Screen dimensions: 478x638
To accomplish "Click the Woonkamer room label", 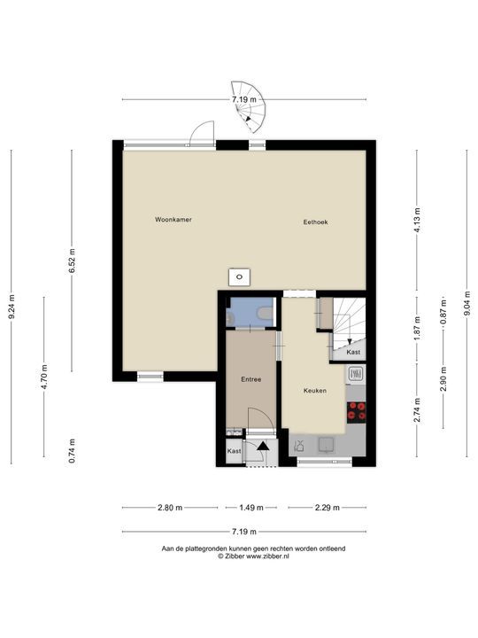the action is pyautogui.click(x=173, y=220).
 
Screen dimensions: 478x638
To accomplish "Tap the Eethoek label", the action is pyautogui.click(x=315, y=222).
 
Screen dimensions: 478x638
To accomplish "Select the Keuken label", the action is pyautogui.click(x=315, y=391).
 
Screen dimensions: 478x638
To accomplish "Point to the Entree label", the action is pyautogui.click(x=251, y=379).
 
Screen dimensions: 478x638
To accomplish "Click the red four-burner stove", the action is pyautogui.click(x=357, y=411).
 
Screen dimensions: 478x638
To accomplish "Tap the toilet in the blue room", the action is pyautogui.click(x=265, y=313).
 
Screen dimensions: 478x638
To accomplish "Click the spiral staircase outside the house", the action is pyautogui.click(x=249, y=106).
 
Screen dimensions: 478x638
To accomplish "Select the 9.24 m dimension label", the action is pyautogui.click(x=12, y=307).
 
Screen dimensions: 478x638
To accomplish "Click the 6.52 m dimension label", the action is pyautogui.click(x=72, y=261).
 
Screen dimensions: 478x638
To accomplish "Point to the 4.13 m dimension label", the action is pyautogui.click(x=417, y=220).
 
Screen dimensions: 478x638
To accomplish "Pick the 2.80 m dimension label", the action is pyautogui.click(x=170, y=508).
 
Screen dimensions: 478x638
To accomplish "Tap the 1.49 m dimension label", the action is pyautogui.click(x=251, y=508).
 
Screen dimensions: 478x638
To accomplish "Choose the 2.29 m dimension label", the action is pyautogui.click(x=328, y=508).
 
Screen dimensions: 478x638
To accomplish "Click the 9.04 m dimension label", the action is pyautogui.click(x=467, y=303).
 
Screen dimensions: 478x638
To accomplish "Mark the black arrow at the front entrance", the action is pyautogui.click(x=263, y=446).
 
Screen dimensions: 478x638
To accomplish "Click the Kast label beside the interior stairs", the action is pyautogui.click(x=353, y=352).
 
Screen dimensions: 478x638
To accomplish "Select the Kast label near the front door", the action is pyautogui.click(x=234, y=451).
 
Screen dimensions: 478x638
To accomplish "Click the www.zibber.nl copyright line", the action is pyautogui.click(x=253, y=556).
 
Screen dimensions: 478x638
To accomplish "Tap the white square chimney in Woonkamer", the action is pyautogui.click(x=239, y=277).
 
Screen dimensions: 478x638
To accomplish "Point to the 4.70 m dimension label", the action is pyautogui.click(x=44, y=376).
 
